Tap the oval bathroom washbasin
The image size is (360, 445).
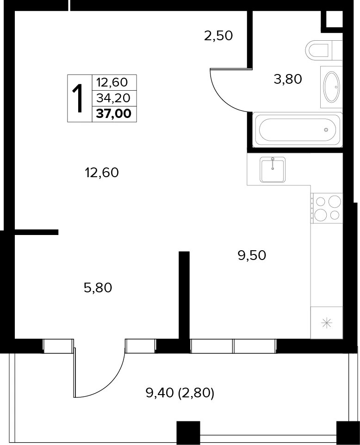click(332, 87)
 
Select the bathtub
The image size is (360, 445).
click(297, 130)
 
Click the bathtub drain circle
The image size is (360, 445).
click(326, 130)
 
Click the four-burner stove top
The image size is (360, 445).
click(327, 208)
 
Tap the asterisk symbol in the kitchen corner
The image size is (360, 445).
click(327, 323)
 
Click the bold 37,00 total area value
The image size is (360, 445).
click(114, 114)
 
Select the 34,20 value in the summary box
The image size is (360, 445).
click(113, 98)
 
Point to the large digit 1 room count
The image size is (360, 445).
click(77, 99)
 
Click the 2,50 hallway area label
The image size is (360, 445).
click(218, 36)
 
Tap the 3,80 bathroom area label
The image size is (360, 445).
click(288, 79)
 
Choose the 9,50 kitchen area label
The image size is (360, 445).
click(252, 255)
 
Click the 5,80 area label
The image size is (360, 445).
click(98, 288)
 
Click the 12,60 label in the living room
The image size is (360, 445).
click(102, 173)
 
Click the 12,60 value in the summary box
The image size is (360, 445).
click(112, 83)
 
